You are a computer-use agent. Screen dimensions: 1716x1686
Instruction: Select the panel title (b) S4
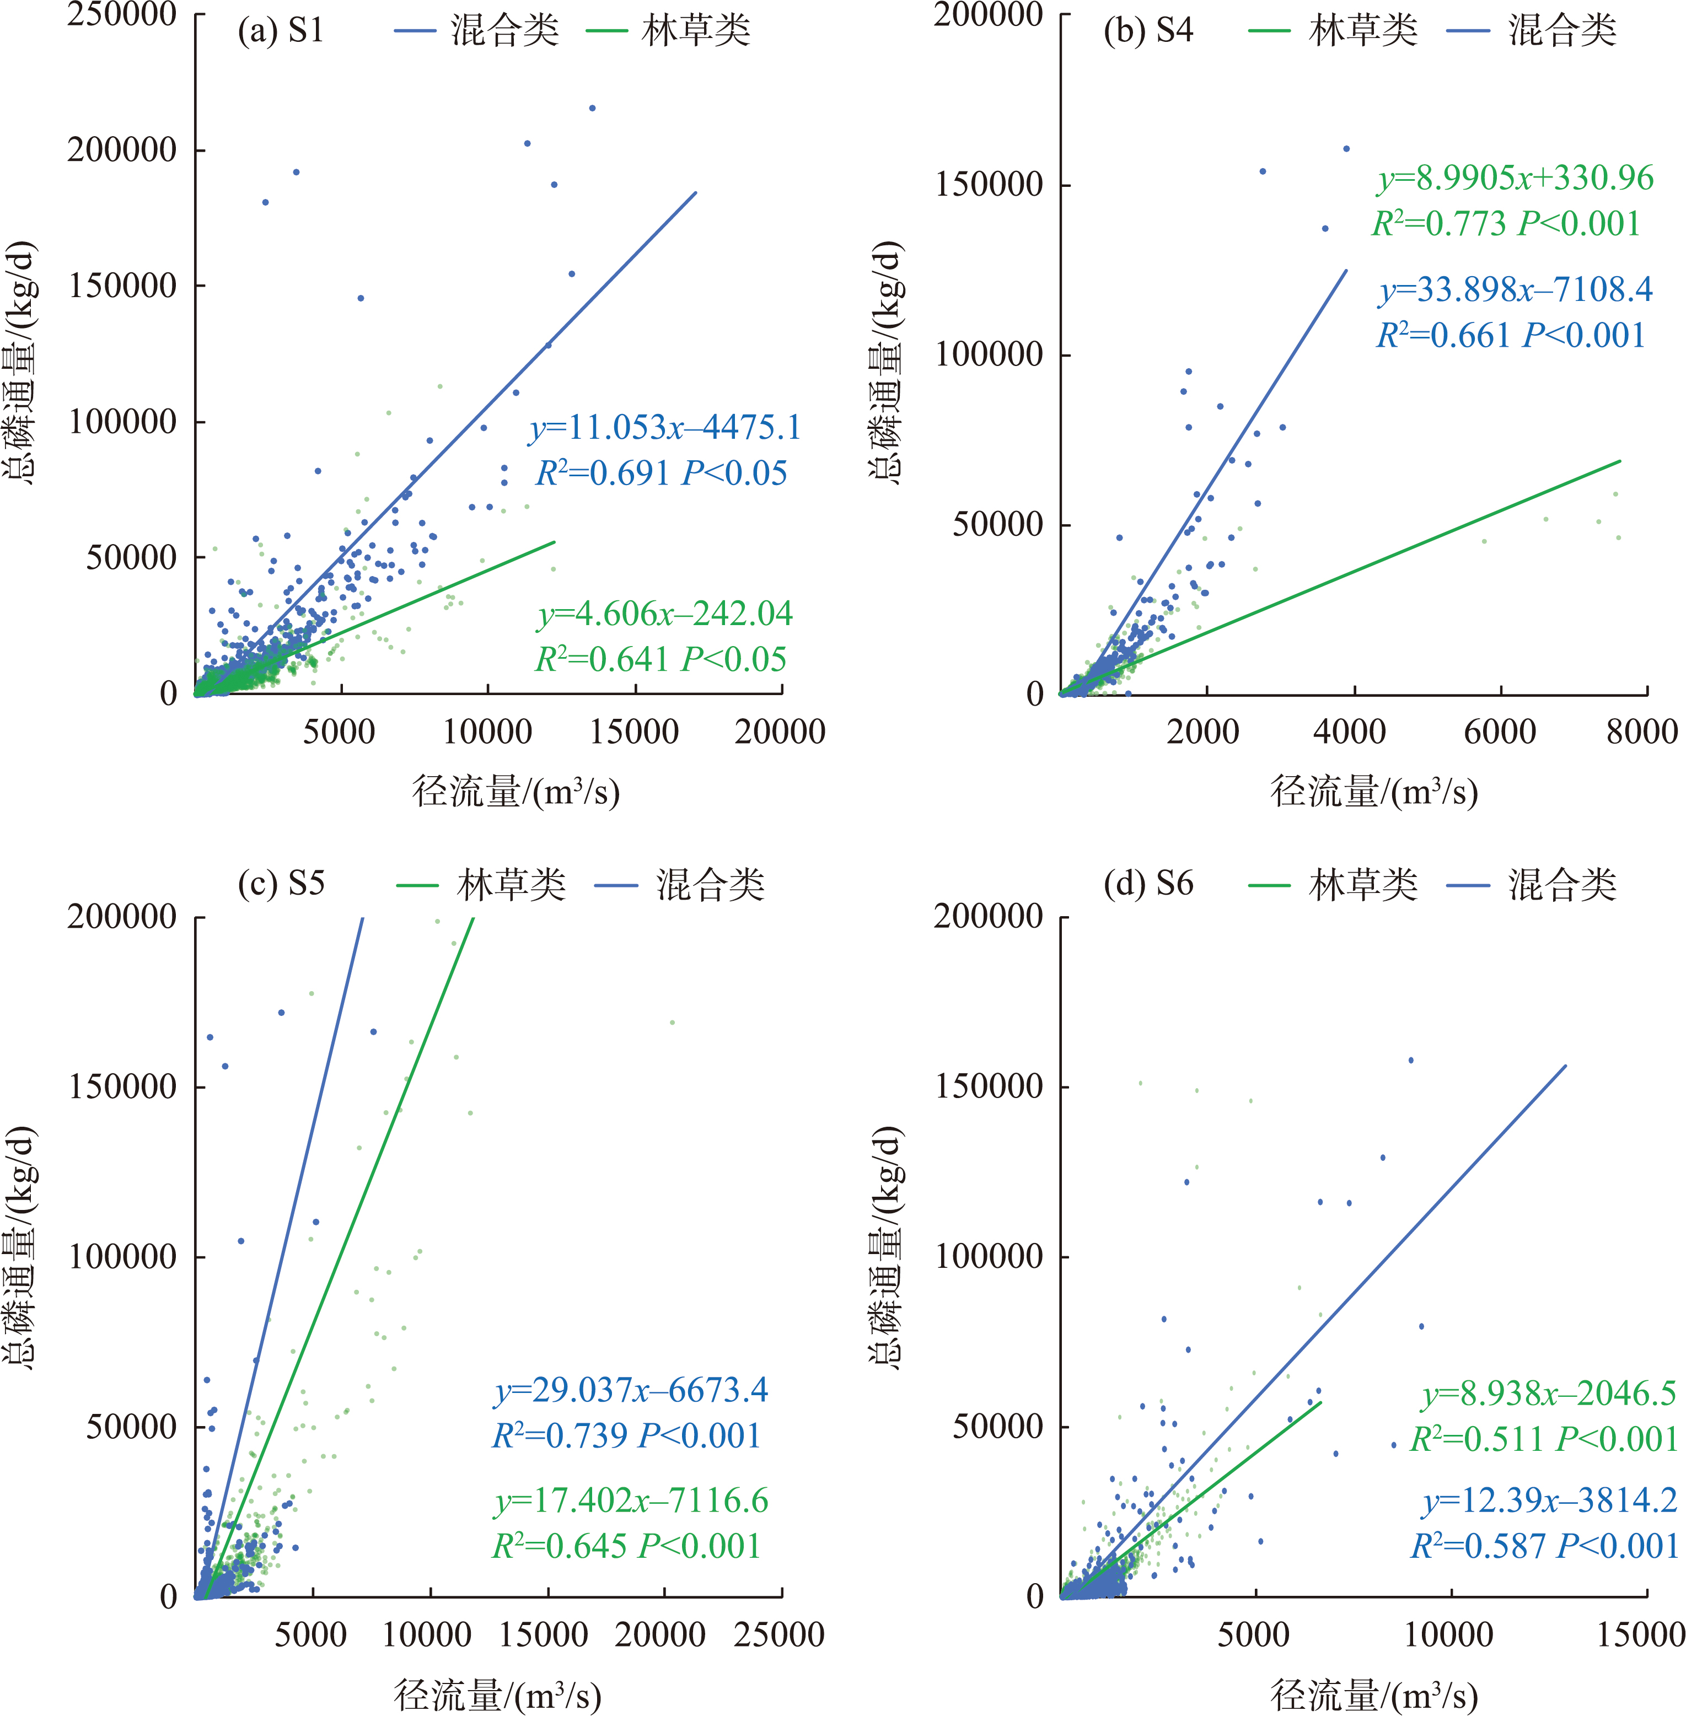(1147, 32)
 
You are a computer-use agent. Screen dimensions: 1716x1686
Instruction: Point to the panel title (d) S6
(1147, 884)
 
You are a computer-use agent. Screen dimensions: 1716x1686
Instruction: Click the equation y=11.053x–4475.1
(664, 428)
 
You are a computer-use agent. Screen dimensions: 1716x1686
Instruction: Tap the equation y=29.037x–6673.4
(631, 1390)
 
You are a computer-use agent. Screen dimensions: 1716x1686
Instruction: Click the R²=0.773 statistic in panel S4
(1440, 224)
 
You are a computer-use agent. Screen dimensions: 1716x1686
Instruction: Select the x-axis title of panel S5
(498, 1694)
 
